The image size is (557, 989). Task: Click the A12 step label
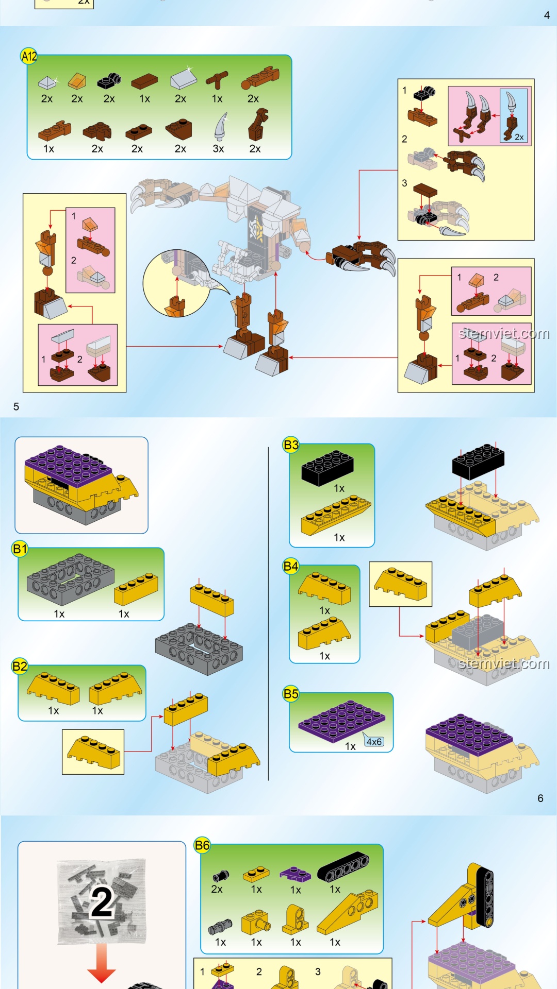point(29,56)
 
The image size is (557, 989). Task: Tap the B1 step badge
point(20,549)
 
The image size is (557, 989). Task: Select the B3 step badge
point(291,445)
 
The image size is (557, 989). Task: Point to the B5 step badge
point(291,694)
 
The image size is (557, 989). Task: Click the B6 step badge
point(202,845)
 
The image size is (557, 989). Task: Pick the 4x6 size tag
point(374,741)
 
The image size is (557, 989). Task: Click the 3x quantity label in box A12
point(218,149)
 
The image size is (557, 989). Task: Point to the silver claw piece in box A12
point(221,126)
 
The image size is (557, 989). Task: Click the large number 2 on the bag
point(102,902)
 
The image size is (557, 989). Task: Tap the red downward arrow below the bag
point(102,963)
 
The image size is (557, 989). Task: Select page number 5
point(16,406)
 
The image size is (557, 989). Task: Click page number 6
point(540,798)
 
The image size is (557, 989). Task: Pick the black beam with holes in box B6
point(343,867)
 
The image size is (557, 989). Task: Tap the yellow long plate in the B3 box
point(336,515)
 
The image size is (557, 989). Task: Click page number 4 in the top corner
point(547,15)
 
